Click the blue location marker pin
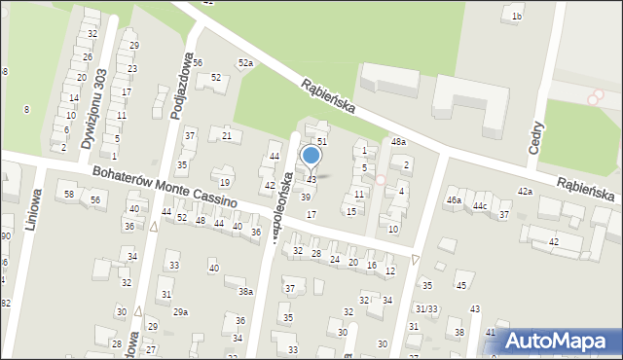(x=311, y=156)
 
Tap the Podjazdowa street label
(x=178, y=88)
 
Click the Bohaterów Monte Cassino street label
(x=165, y=185)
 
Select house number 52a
(x=246, y=63)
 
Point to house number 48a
(x=398, y=142)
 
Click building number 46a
(x=454, y=200)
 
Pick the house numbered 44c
(x=480, y=206)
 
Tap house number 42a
(x=526, y=192)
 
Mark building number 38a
(x=245, y=291)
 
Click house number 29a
(x=180, y=311)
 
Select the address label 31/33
(x=427, y=308)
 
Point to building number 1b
(x=517, y=17)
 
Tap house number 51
(x=322, y=142)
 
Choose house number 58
(x=69, y=195)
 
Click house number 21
(x=226, y=135)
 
